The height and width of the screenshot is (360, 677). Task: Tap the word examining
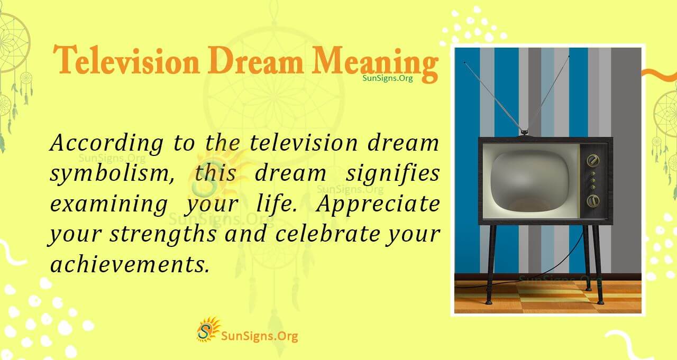coord(108,204)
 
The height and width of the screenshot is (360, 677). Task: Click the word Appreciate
coord(378,204)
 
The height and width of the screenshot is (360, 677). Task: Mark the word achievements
coord(127,263)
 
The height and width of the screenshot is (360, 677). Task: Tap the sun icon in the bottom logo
coord(208,329)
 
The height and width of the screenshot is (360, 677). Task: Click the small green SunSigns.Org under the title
coord(387,78)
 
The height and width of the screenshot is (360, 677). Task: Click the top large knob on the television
coord(594,160)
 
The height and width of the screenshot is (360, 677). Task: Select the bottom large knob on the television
coord(593,201)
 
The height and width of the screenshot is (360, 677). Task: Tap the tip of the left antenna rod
coord(465,62)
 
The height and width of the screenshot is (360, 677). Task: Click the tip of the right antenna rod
coord(569,56)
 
